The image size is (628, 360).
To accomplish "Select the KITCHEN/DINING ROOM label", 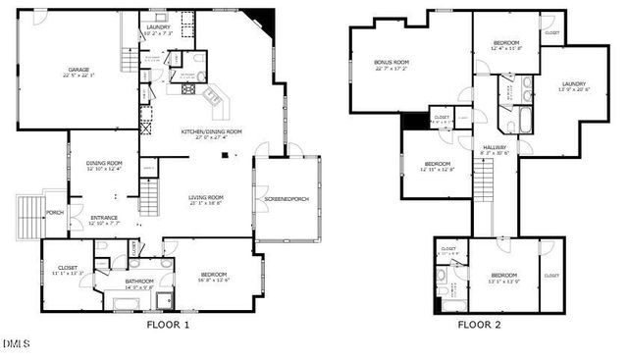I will (x=211, y=133).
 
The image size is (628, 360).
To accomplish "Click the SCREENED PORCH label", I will (x=286, y=200).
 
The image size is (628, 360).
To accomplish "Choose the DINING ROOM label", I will (x=104, y=165).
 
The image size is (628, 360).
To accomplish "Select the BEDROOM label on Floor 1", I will (x=214, y=276).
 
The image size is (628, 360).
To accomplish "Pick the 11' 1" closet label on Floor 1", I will (x=68, y=269).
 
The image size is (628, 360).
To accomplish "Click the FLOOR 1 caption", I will (x=168, y=324).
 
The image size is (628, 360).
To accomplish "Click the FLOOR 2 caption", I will (x=479, y=324).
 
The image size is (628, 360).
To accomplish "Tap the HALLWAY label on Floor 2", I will (x=494, y=149).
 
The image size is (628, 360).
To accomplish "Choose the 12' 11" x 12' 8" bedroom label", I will (x=437, y=166).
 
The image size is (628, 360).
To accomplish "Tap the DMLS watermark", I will (x=17, y=343).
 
